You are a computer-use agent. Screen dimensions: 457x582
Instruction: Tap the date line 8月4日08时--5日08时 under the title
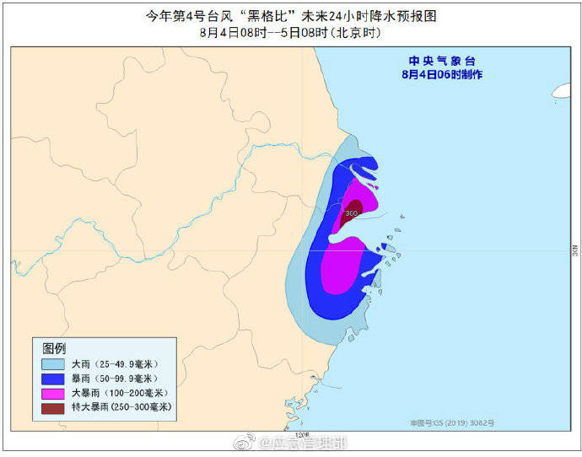point(291,32)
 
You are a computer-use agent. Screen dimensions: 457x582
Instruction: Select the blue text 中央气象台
point(442,61)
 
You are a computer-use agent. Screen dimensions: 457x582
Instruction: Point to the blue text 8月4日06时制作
point(442,74)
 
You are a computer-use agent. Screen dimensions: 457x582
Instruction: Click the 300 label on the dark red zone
point(352,213)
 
